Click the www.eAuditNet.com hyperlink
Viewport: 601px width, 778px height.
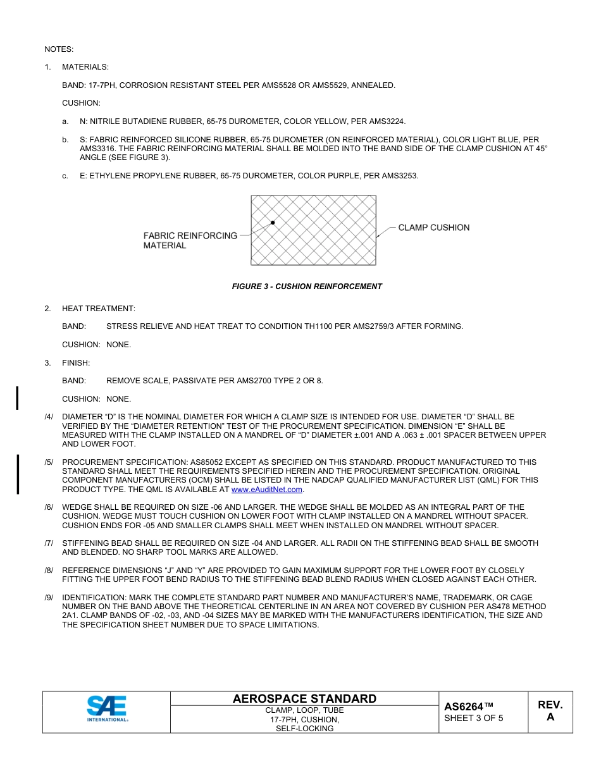pyautogui.click(x=268, y=490)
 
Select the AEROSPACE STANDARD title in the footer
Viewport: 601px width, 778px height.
pyautogui.click(x=304, y=699)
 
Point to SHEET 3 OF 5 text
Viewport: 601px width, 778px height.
pyautogui.click(x=474, y=718)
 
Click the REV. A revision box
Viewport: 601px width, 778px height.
pyautogui.click(x=550, y=711)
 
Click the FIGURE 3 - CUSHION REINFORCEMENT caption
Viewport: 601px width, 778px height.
pyautogui.click(x=307, y=287)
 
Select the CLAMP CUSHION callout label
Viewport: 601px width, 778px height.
pyautogui.click(x=433, y=228)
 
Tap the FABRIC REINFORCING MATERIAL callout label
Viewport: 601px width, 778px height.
pyautogui.click(x=190, y=240)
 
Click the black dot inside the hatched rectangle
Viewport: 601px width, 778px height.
pyautogui.click(x=273, y=223)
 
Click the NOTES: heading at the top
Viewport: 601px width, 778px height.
pyautogui.click(x=59, y=49)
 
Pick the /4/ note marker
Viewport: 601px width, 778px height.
pyautogui.click(x=49, y=417)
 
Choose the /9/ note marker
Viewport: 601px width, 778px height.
pyautogui.click(x=49, y=598)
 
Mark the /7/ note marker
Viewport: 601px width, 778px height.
pyautogui.click(x=49, y=543)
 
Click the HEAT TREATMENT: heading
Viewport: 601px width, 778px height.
pyautogui.click(x=98, y=309)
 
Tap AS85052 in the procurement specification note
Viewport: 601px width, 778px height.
pyautogui.click(x=190, y=462)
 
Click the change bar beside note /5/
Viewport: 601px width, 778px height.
pyautogui.click(x=18, y=474)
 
